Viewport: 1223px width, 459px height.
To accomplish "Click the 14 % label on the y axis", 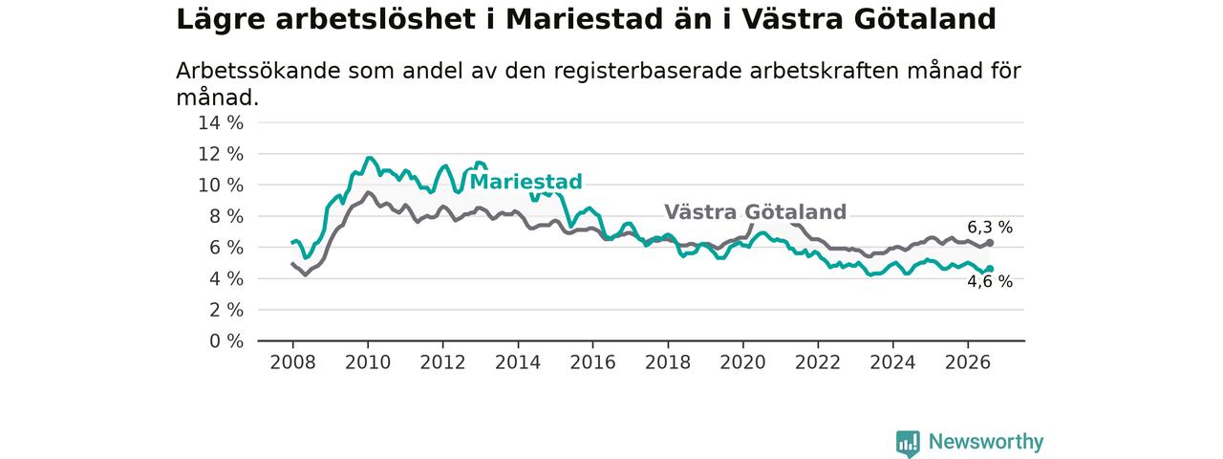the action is (221, 123).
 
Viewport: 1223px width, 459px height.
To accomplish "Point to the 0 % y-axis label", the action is (226, 341).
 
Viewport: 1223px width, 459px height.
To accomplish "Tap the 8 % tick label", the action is (226, 216).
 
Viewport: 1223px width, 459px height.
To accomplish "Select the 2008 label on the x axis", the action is (292, 362).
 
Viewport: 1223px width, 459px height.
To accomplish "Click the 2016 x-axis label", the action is (593, 362).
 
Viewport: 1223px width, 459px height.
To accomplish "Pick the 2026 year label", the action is (968, 362).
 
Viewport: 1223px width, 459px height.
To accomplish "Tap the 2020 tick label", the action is (742, 362).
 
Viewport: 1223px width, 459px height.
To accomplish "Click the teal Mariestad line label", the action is (526, 182).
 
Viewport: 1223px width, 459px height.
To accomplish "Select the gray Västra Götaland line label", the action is (755, 211).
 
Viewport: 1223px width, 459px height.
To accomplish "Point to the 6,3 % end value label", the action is (990, 228).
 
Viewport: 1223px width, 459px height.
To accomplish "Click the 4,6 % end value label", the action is (990, 281).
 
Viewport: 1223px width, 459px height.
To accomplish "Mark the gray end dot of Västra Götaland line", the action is (990, 243).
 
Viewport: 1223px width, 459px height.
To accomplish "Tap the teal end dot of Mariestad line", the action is (990, 269).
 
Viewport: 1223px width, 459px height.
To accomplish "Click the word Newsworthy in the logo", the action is (986, 442).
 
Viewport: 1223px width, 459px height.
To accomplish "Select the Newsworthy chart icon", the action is (908, 443).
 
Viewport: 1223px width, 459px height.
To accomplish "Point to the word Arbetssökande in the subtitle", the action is (258, 72).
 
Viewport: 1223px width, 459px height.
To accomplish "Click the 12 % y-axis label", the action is (221, 154).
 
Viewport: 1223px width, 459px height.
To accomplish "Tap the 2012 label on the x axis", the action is (442, 362).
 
